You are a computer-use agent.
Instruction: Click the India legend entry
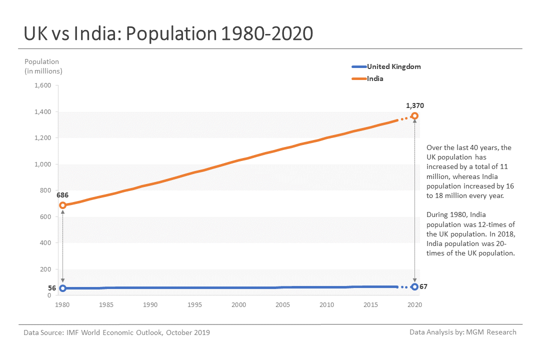click(x=375, y=78)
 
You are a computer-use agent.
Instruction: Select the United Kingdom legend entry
click(x=393, y=66)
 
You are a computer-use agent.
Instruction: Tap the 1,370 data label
click(x=415, y=105)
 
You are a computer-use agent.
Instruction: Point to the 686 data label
click(x=62, y=194)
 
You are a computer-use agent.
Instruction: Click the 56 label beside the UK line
click(x=52, y=288)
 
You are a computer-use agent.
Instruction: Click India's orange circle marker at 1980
click(x=62, y=205)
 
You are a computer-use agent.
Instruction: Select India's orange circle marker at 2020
click(x=414, y=116)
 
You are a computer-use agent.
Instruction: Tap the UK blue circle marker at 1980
click(x=62, y=288)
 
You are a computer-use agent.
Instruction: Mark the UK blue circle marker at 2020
click(x=414, y=286)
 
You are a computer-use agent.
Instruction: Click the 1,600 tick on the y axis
click(x=42, y=85)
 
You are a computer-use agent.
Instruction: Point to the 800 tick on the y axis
click(x=45, y=190)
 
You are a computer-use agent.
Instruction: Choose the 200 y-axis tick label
click(x=45, y=269)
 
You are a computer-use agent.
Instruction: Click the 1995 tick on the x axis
click(x=194, y=304)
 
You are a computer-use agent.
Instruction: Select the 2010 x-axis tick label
click(x=326, y=304)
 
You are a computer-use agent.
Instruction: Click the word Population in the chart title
click(x=170, y=33)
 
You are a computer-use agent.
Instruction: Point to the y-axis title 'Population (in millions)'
click(x=43, y=66)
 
